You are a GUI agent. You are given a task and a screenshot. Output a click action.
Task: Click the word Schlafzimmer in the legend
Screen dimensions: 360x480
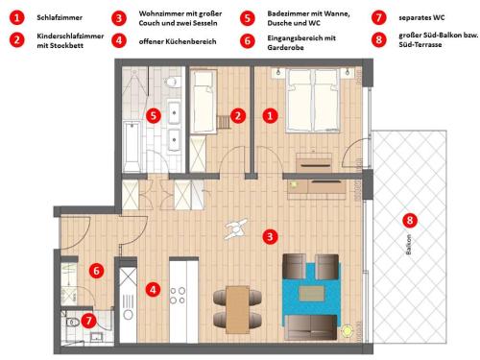[x=59, y=18]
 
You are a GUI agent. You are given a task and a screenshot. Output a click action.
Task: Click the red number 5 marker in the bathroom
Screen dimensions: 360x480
[x=153, y=115]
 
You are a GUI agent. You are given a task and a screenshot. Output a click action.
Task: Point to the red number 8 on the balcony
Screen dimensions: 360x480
[x=411, y=220]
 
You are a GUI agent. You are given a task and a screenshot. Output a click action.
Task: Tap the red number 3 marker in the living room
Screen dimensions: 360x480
[x=271, y=235]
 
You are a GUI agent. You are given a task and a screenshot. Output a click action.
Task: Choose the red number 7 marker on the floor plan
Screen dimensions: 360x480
[x=88, y=321]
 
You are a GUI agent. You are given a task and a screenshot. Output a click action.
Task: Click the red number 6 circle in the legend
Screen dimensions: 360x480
[x=247, y=40]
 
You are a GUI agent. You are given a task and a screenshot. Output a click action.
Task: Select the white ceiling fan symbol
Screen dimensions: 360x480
[x=234, y=228]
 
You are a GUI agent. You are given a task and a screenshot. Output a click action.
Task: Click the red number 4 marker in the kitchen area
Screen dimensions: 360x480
[x=153, y=288]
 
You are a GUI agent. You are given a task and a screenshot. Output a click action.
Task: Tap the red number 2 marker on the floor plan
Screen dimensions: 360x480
[x=236, y=115]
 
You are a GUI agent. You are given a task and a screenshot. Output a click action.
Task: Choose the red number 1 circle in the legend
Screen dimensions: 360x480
[x=16, y=18]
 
